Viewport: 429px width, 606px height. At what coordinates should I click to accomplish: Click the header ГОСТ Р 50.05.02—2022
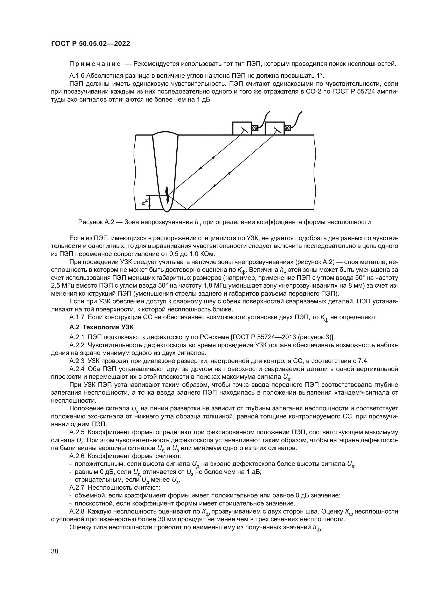[90, 44]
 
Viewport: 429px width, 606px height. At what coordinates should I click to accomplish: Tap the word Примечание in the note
[95, 64]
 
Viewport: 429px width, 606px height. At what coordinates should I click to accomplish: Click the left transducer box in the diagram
[242, 128]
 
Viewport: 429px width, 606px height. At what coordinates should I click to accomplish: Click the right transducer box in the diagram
[274, 128]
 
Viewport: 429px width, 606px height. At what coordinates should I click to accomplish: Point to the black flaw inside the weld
[167, 195]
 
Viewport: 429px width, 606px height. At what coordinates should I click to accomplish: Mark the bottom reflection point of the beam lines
[187, 210]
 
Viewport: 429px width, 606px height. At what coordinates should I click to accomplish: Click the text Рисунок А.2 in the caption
[96, 222]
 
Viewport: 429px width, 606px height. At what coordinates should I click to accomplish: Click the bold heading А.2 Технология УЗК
[101, 327]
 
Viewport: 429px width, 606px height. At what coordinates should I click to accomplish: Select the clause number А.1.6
[77, 76]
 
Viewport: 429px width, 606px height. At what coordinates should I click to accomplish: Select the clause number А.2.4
[77, 369]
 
